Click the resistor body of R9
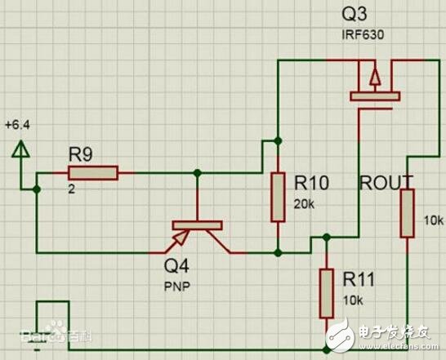coord(93,172)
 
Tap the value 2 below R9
coord(72,188)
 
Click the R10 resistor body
coord(279,197)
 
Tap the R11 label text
coord(359,280)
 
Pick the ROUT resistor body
coord(406,213)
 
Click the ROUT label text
coord(386,181)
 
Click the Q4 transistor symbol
coord(197,232)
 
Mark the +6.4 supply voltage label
coord(16,125)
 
